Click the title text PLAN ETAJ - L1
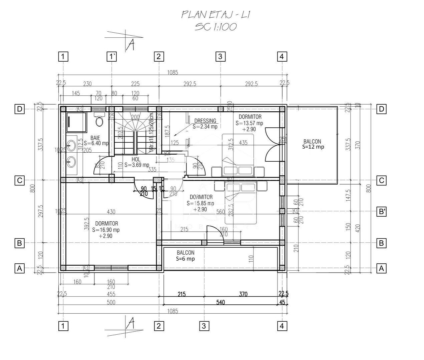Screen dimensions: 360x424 pyautogui.click(x=216, y=14)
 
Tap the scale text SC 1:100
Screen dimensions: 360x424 pyautogui.click(x=216, y=27)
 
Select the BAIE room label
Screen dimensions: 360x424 pyautogui.click(x=95, y=138)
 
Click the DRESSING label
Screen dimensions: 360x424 pyautogui.click(x=205, y=121)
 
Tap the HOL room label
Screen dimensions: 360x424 pyautogui.click(x=136, y=160)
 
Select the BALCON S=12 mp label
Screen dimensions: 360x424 pyautogui.click(x=313, y=144)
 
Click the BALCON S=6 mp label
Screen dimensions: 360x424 pyautogui.click(x=185, y=256)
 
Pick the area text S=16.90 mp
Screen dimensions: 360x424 pyautogui.click(x=106, y=230)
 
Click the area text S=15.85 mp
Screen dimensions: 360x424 pyautogui.click(x=200, y=203)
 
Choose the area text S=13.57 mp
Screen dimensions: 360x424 pyautogui.click(x=249, y=123)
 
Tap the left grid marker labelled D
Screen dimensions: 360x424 pyautogui.click(x=20, y=109)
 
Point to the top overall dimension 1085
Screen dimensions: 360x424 pyautogui.click(x=172, y=72)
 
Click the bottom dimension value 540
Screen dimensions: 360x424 pyautogui.click(x=221, y=302)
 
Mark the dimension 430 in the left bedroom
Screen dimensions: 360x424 pyautogui.click(x=111, y=211)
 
